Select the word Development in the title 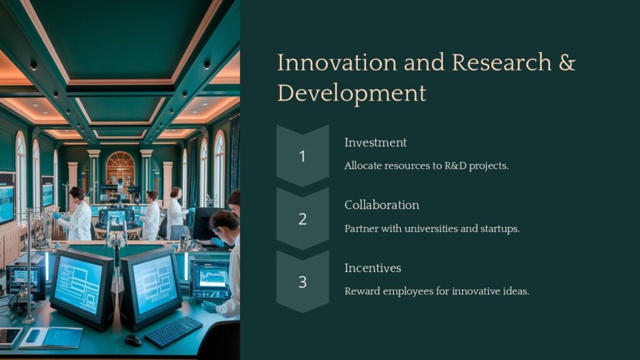tap(351, 92)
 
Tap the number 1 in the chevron tap(302, 156)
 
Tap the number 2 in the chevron tap(302, 219)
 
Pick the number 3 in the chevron tap(302, 282)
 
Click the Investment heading tap(375, 142)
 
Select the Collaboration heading tap(381, 205)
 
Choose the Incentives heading tap(372, 267)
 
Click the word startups tap(500, 229)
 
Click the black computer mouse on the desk tap(132, 339)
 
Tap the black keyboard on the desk tap(174, 331)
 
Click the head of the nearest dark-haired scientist tap(225, 222)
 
